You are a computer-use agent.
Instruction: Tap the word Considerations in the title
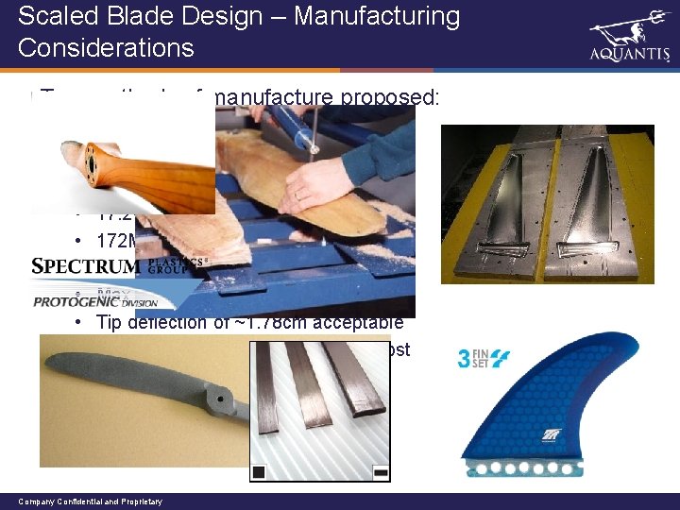point(106,47)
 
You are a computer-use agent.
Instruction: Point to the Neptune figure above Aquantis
point(629,25)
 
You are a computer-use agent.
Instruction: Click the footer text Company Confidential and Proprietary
point(90,501)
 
